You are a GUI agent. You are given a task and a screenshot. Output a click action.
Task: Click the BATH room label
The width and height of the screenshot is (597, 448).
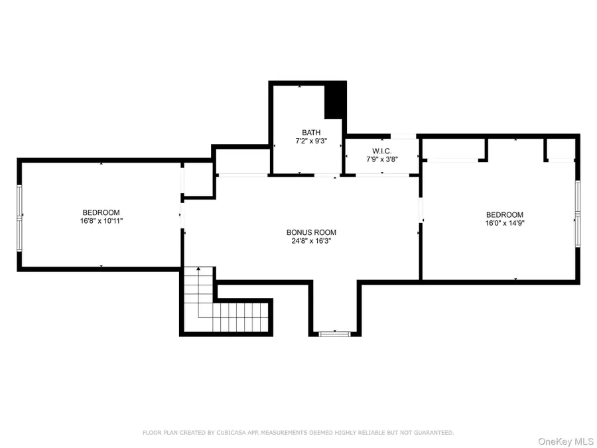click(306, 133)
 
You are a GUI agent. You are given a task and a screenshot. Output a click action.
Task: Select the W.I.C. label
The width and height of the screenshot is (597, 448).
click(381, 151)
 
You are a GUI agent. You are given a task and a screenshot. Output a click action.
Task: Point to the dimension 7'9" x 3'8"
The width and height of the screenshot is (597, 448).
click(381, 160)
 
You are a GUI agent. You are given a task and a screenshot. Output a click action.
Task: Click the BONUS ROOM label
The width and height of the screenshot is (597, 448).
click(311, 232)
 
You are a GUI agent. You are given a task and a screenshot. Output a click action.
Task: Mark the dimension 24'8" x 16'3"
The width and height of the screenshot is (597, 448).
click(311, 241)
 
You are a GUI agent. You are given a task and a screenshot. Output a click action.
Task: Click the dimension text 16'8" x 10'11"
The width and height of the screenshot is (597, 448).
click(101, 220)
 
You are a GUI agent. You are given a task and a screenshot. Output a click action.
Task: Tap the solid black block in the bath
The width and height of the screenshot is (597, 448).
click(335, 100)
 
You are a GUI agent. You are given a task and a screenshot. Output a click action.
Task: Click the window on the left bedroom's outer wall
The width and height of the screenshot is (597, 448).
click(20, 215)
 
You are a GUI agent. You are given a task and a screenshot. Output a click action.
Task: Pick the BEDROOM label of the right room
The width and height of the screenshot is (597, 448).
click(504, 215)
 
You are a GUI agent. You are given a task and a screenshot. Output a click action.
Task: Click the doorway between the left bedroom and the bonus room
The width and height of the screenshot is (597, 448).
click(181, 215)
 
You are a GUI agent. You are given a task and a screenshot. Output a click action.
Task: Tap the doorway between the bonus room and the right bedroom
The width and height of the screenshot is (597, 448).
click(420, 214)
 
